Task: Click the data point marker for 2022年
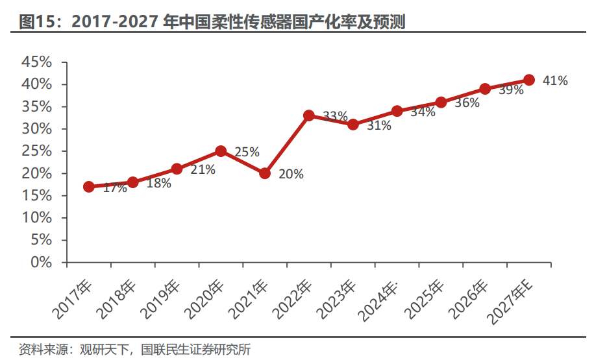(309, 115)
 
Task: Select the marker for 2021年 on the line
(265, 173)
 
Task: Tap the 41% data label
(555, 80)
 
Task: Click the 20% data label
(290, 174)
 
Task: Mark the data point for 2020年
(221, 151)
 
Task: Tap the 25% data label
(247, 152)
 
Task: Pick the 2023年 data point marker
(353, 125)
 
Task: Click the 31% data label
(378, 126)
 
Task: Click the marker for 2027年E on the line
(529, 80)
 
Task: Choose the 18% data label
(158, 184)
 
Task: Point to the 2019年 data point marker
(177, 169)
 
